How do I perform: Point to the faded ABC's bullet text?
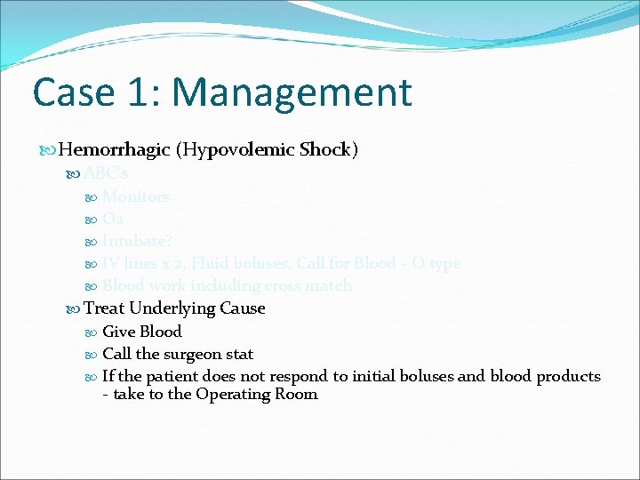106,174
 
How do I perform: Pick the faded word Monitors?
136,196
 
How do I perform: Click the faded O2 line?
113,219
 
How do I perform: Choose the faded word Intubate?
137,241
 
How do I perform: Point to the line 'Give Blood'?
142,332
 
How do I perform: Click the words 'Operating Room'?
257,394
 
